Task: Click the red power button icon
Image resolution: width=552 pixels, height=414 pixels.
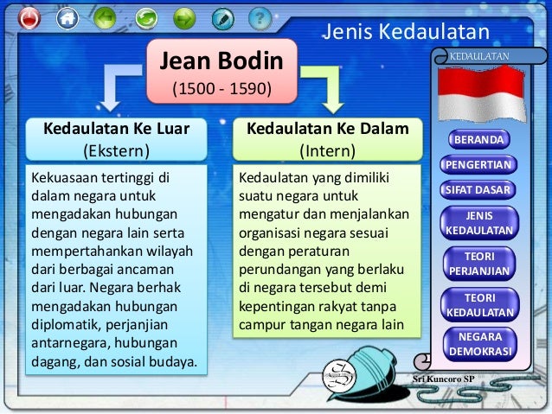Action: pyautogui.click(x=29, y=17)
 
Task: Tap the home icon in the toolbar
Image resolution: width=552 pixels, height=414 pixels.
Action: pyautogui.click(x=66, y=17)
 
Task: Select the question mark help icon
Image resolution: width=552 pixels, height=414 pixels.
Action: pyautogui.click(x=259, y=16)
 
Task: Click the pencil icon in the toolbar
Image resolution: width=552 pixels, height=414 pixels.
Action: pyautogui.click(x=222, y=17)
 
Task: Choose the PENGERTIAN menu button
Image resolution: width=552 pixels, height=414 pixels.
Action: pyautogui.click(x=478, y=164)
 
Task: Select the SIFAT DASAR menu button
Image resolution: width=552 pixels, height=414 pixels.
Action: pyautogui.click(x=478, y=189)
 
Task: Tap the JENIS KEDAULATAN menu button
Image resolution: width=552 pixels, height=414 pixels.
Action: pyautogui.click(x=478, y=223)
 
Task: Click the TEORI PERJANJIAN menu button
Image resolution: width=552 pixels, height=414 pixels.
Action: pyautogui.click(x=478, y=264)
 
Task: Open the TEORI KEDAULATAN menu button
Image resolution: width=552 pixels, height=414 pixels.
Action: pyautogui.click(x=478, y=304)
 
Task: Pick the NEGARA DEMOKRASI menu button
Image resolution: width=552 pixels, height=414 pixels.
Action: pyautogui.click(x=478, y=344)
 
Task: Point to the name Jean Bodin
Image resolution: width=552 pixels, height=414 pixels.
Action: pyautogui.click(x=221, y=62)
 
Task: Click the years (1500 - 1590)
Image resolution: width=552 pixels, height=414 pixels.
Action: pyautogui.click(x=221, y=89)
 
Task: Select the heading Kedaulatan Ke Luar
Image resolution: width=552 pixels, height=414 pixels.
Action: pyautogui.click(x=116, y=130)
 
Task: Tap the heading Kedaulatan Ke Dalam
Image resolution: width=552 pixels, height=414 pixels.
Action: pyautogui.click(x=327, y=130)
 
